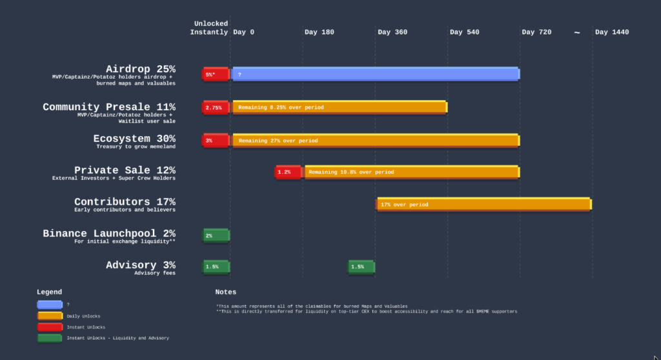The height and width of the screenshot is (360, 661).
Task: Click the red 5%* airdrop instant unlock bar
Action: pyautogui.click(x=216, y=74)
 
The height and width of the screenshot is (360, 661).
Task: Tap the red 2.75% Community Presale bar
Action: pyautogui.click(x=216, y=107)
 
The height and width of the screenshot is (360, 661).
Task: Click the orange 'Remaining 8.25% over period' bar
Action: pyautogui.click(x=340, y=107)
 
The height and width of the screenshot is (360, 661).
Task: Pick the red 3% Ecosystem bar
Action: pyautogui.click(x=216, y=140)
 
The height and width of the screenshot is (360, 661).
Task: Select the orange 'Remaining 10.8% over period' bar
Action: pyautogui.click(x=412, y=172)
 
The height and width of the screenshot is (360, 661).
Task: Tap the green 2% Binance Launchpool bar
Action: pyautogui.click(x=216, y=235)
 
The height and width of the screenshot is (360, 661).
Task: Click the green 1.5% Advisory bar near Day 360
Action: pyautogui.click(x=361, y=266)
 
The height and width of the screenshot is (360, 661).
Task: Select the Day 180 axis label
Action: pyautogui.click(x=319, y=32)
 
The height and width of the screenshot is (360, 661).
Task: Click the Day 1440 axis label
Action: pyautogui.click(x=611, y=32)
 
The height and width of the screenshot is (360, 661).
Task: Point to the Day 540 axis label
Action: pyautogui.click(x=464, y=32)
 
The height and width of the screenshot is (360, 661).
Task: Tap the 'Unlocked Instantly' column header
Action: pyautogui.click(x=210, y=28)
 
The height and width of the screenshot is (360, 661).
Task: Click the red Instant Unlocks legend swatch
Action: pyautogui.click(x=50, y=326)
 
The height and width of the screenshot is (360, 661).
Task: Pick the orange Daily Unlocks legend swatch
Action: pyautogui.click(x=50, y=315)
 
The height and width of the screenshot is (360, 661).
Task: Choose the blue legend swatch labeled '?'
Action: pyautogui.click(x=50, y=305)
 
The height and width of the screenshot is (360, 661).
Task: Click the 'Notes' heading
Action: pyautogui.click(x=226, y=292)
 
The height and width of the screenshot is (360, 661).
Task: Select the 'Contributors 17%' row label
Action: pyautogui.click(x=125, y=203)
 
